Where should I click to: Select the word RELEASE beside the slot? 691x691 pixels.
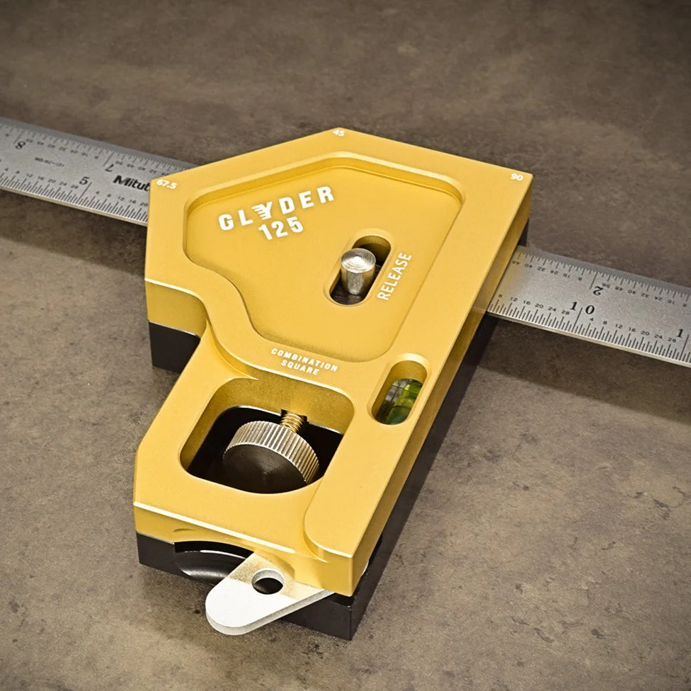pos(394,276)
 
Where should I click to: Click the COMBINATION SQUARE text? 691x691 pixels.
pos(304,361)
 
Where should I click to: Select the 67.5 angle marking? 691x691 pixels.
pos(167,184)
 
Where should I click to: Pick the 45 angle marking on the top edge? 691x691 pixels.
pos(338,133)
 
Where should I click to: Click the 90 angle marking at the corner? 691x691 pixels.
pos(516,177)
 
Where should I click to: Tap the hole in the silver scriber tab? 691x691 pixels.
pos(268,583)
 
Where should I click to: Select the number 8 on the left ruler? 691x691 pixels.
pos(19,145)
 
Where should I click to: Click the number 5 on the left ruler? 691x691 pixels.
pos(84,181)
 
